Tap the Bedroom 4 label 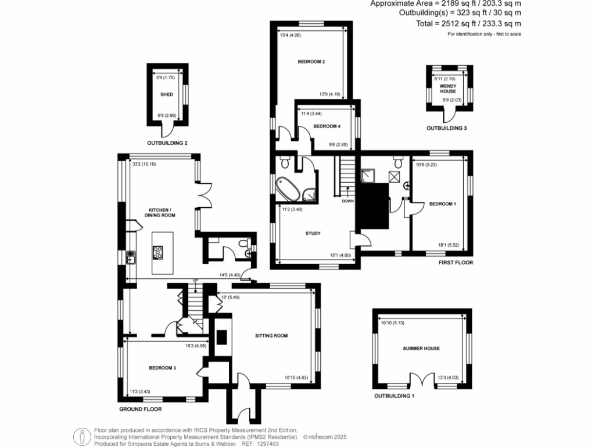(x=327, y=126)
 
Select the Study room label (x=313, y=234)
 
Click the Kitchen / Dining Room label (x=162, y=212)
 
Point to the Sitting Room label (x=271, y=336)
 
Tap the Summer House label (x=421, y=349)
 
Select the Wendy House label (x=447, y=88)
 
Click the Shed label (x=167, y=94)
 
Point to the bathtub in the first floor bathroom (x=289, y=187)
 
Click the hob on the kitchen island (x=157, y=252)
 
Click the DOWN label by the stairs (x=347, y=201)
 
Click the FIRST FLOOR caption (x=456, y=263)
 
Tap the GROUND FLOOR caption (x=140, y=410)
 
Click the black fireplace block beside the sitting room (x=221, y=338)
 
